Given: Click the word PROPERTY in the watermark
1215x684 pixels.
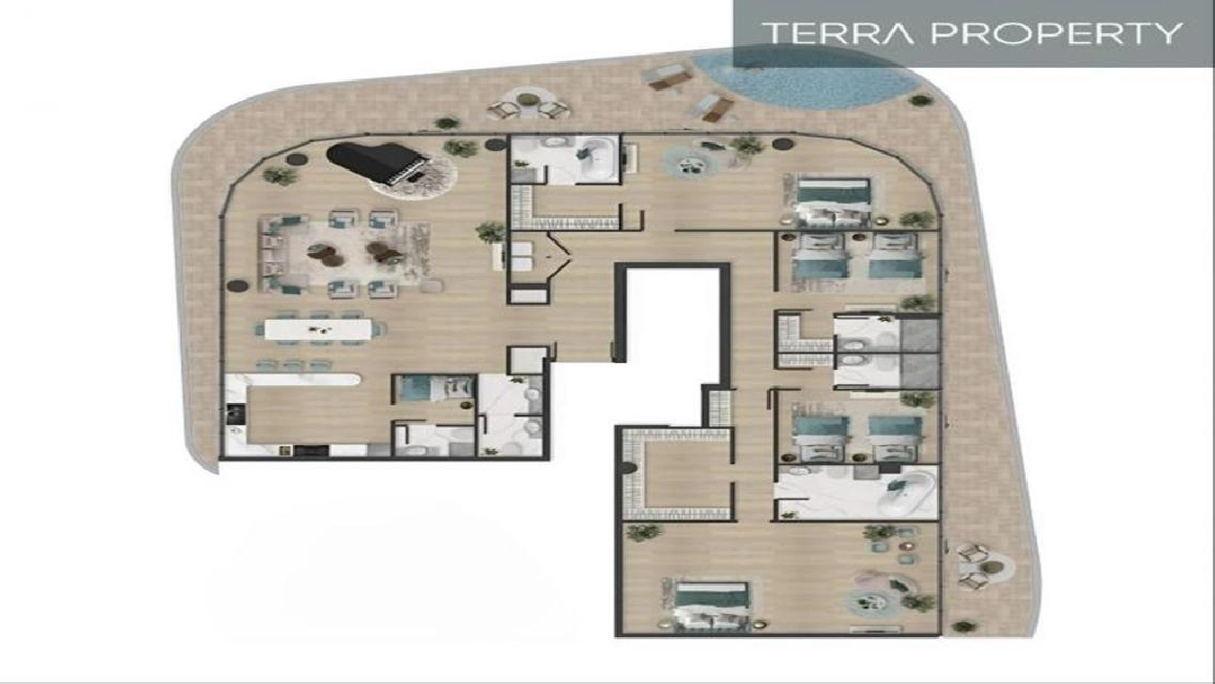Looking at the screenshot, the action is coord(1056,32).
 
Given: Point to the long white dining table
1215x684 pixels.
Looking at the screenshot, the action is coord(318,330).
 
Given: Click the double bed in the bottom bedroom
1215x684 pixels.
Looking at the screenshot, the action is coord(711,605).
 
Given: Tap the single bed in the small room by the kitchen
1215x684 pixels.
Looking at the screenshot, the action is coord(434,389).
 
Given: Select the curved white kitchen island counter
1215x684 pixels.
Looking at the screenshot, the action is coord(303,379).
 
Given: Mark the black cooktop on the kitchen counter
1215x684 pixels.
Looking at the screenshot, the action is coord(235,414).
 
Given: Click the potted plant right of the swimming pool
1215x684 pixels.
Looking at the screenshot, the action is coord(920,99).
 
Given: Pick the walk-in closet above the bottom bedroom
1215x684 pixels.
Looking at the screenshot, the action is coord(677,475).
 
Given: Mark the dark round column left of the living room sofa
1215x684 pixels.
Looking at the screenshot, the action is coord(237,286).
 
